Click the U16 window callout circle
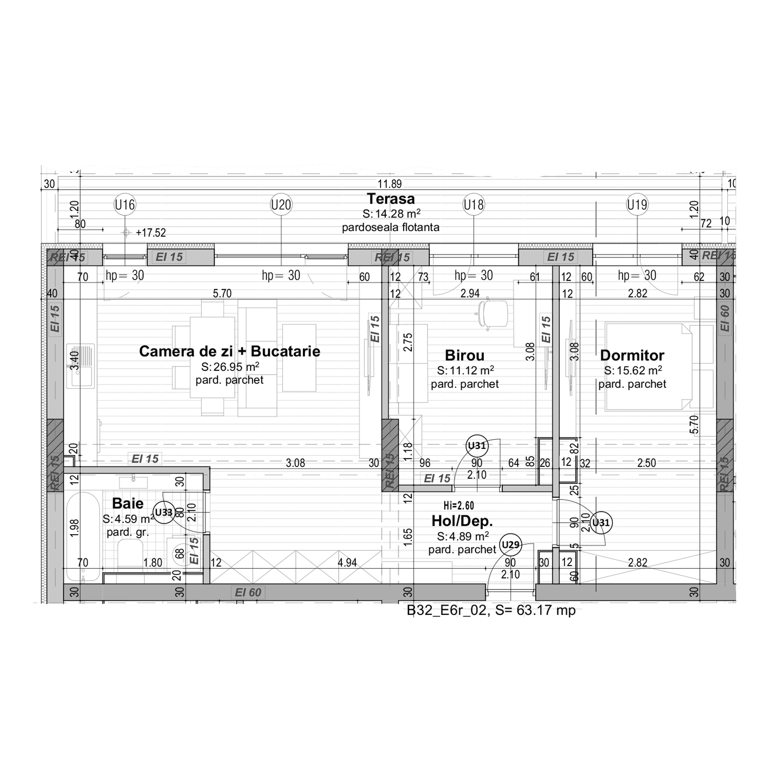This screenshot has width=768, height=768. click(x=125, y=205)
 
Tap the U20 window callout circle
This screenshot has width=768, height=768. click(x=281, y=205)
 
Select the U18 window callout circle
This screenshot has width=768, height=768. click(x=473, y=205)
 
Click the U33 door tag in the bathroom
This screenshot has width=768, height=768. click(x=164, y=512)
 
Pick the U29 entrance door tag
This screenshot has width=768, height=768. click(x=510, y=544)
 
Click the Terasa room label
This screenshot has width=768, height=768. click(x=391, y=198)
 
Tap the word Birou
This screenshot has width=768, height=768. click(x=464, y=355)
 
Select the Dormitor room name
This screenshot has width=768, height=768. click(x=632, y=355)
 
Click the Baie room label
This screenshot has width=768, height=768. click(x=128, y=503)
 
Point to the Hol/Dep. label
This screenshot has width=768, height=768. click(x=462, y=521)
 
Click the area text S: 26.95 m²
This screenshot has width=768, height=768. click(x=230, y=367)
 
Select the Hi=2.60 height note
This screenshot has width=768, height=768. click(x=459, y=506)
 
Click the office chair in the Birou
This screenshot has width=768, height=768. click(x=493, y=314)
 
